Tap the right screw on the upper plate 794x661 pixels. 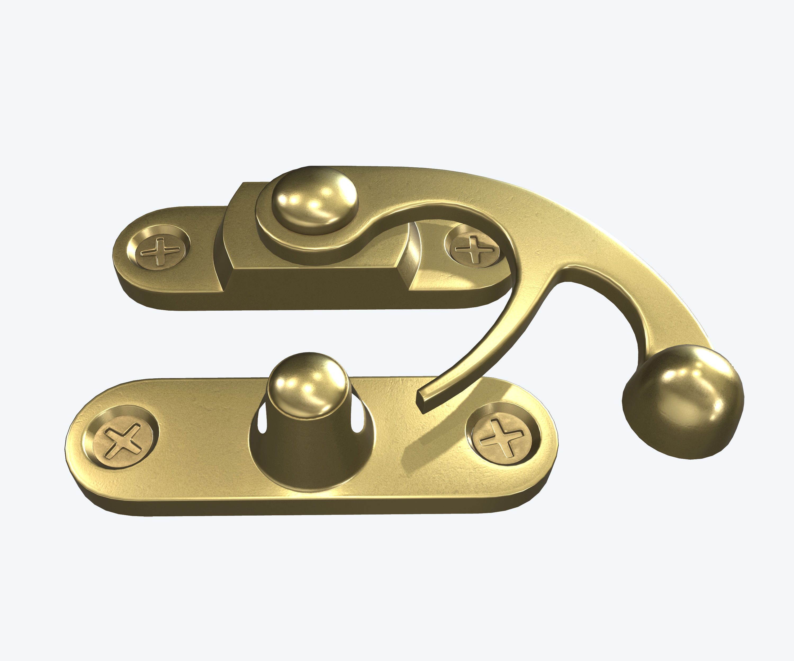(474, 249)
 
